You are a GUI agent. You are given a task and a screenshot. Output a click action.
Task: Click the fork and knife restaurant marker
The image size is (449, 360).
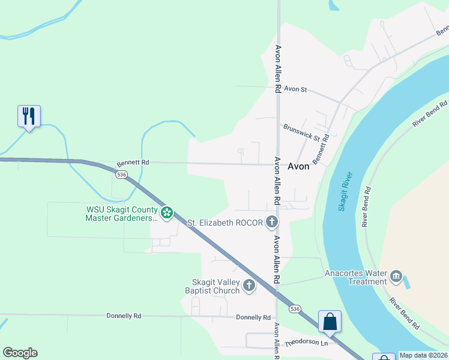click(x=29, y=116)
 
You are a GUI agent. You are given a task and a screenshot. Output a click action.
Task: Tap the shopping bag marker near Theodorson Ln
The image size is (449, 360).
click(x=330, y=321)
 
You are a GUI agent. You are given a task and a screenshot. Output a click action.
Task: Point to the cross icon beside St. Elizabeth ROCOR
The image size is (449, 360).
click(x=271, y=223)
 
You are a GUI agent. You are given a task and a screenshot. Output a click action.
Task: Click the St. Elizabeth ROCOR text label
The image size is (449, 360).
click(x=225, y=223)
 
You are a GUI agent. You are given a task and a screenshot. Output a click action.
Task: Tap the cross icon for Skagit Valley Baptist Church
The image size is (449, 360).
click(x=249, y=287)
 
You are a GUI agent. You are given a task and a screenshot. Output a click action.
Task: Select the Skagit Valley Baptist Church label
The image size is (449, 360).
click(x=215, y=287)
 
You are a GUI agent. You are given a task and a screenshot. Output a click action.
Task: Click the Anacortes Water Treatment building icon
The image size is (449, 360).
click(x=396, y=277)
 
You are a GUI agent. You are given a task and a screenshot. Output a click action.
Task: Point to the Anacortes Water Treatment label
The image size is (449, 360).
click(x=356, y=277)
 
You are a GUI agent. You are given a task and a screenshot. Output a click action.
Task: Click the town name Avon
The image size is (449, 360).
click(x=299, y=166)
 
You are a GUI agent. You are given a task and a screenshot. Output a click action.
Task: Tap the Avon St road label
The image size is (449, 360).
click(x=295, y=89)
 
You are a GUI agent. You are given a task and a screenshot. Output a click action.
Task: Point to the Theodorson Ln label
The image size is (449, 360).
click(x=307, y=343)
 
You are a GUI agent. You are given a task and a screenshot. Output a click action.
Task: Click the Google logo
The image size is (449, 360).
click(x=20, y=353)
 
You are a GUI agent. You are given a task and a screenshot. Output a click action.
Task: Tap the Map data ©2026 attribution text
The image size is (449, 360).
click(x=423, y=355)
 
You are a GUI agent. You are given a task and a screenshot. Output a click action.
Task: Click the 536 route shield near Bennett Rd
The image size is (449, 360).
click(x=122, y=174)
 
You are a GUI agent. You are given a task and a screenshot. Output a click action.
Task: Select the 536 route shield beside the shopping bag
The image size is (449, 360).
click(x=294, y=308)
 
